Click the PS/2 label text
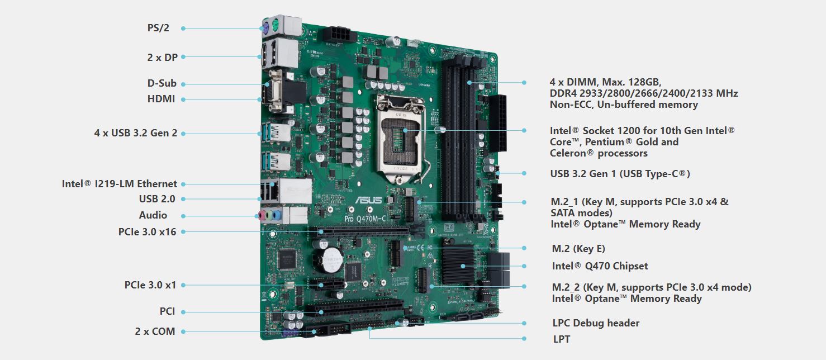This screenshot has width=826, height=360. point(158,28)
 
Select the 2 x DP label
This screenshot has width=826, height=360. point(162,57)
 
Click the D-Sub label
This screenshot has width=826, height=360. point(162,83)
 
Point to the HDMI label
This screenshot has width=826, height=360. point(161,99)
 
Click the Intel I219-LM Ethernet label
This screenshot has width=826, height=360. point(120,184)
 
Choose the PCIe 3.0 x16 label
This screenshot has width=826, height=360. point(147,231)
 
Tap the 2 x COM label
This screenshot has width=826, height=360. point(155,331)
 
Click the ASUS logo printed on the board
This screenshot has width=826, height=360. point(369,200)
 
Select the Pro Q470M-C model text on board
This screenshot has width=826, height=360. point(365,219)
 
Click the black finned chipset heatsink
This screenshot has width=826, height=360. point(458,264)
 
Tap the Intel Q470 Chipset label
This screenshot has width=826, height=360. point(600,266)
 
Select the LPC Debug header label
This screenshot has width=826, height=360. point(596,323)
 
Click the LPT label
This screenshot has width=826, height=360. point(561,339)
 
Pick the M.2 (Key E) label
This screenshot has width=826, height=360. point(578,249)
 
